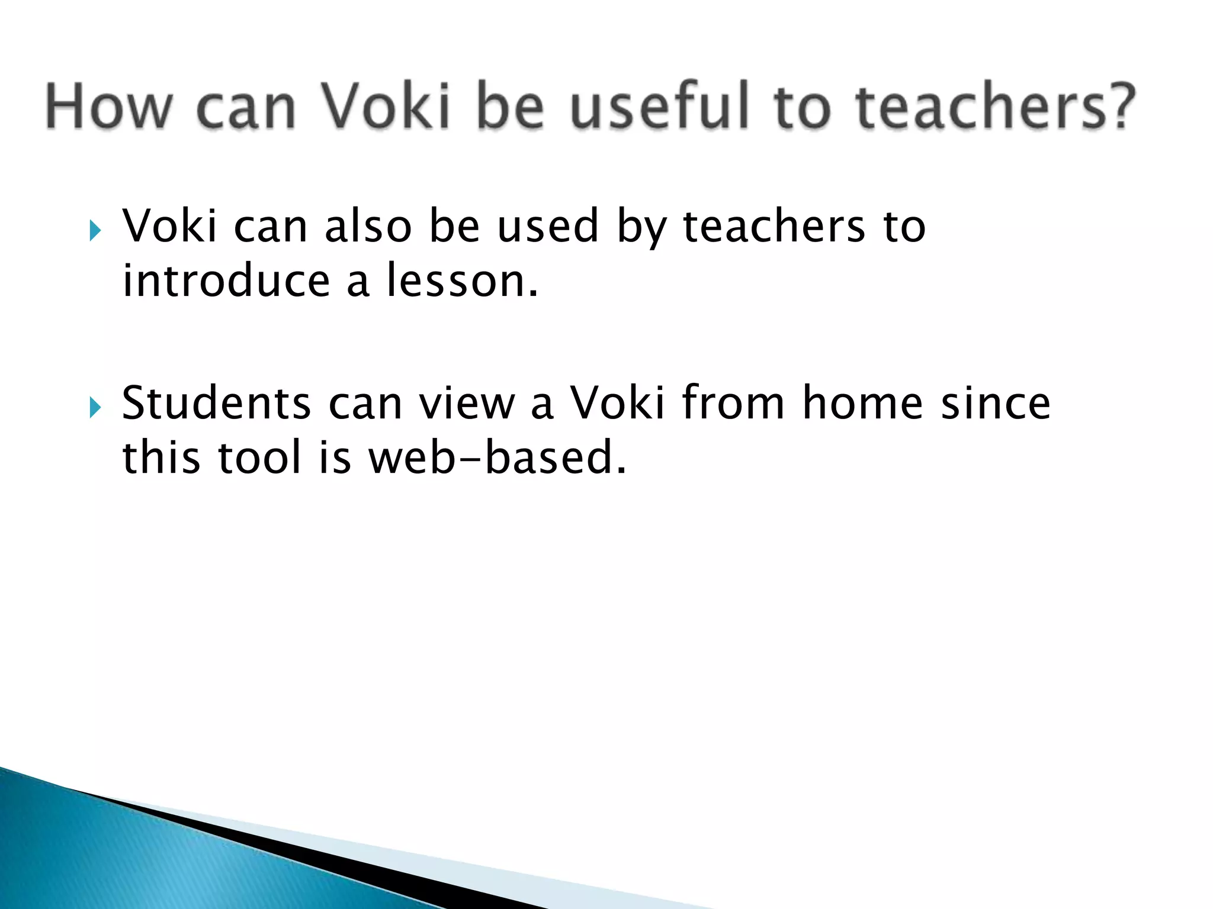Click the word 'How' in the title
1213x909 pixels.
click(x=108, y=107)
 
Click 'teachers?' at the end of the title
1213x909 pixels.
click(x=995, y=107)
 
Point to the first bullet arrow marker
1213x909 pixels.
click(x=95, y=230)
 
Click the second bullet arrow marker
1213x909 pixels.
click(x=95, y=407)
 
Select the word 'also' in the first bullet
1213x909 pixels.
click(x=368, y=226)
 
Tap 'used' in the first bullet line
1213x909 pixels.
click(x=548, y=226)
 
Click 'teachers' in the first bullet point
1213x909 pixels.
click(x=774, y=226)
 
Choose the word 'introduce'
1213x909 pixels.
click(x=226, y=281)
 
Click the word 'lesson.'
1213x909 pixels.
click(x=463, y=281)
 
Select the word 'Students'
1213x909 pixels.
click(x=216, y=404)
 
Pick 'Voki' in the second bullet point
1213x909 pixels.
click(x=617, y=404)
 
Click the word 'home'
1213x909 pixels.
click(x=862, y=404)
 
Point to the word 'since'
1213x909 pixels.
click(x=996, y=404)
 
